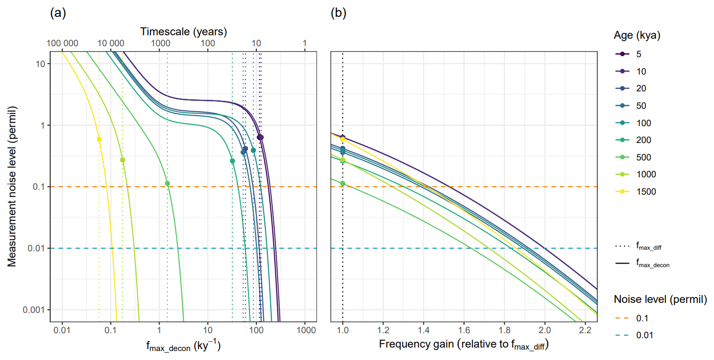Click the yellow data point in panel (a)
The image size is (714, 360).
(x=99, y=139)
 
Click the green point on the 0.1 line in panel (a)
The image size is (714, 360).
(x=167, y=183)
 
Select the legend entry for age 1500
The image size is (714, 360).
(x=641, y=192)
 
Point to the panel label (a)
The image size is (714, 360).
(x=58, y=14)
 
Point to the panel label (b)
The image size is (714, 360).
(x=339, y=14)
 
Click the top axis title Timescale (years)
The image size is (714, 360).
(x=183, y=31)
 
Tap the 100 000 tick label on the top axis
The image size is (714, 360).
(x=63, y=43)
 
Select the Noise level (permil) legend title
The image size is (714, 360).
(x=660, y=299)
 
